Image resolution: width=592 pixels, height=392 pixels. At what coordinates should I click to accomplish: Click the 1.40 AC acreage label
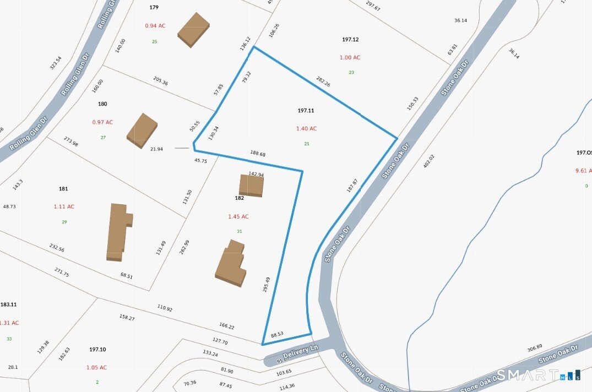[306, 129]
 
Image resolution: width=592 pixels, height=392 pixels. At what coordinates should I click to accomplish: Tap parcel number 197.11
[306, 111]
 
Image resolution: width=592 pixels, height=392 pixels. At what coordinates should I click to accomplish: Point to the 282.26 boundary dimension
[323, 81]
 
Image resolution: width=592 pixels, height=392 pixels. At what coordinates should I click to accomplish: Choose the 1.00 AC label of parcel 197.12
[350, 58]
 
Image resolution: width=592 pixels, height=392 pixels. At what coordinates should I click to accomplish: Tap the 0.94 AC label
[155, 26]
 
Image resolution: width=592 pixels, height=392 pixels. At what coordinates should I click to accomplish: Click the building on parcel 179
[193, 29]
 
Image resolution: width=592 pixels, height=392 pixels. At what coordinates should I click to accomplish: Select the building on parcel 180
[142, 130]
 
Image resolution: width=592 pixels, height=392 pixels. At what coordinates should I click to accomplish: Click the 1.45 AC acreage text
[238, 217]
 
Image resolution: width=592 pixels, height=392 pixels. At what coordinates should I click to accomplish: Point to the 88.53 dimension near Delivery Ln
[277, 334]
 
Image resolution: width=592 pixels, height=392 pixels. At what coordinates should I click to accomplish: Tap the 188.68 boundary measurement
[258, 154]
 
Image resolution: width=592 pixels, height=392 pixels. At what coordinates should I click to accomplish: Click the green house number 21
[307, 144]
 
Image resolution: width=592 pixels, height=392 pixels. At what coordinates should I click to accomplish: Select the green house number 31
[240, 231]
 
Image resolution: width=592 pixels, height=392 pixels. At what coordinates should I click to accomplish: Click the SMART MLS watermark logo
[538, 375]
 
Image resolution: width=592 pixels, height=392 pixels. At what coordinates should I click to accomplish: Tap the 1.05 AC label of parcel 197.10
[96, 368]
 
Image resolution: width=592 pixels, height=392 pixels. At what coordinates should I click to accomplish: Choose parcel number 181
[63, 189]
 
